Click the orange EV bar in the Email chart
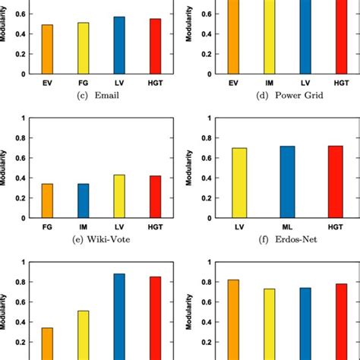point(47,49)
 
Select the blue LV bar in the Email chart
point(119,45)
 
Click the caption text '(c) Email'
point(100,95)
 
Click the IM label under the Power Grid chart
point(269,81)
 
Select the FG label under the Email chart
point(83,81)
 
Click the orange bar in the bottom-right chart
point(233,320)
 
